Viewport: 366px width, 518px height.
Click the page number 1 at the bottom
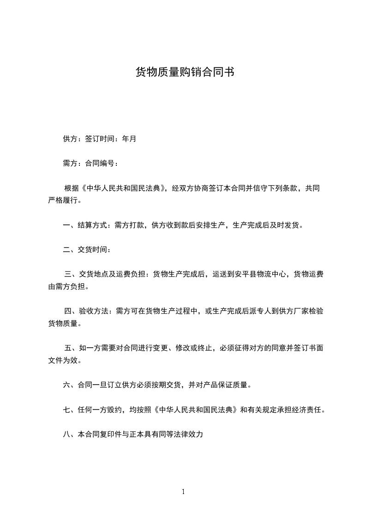coord(183,492)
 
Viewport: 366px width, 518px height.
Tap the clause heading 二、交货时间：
coord(87,250)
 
